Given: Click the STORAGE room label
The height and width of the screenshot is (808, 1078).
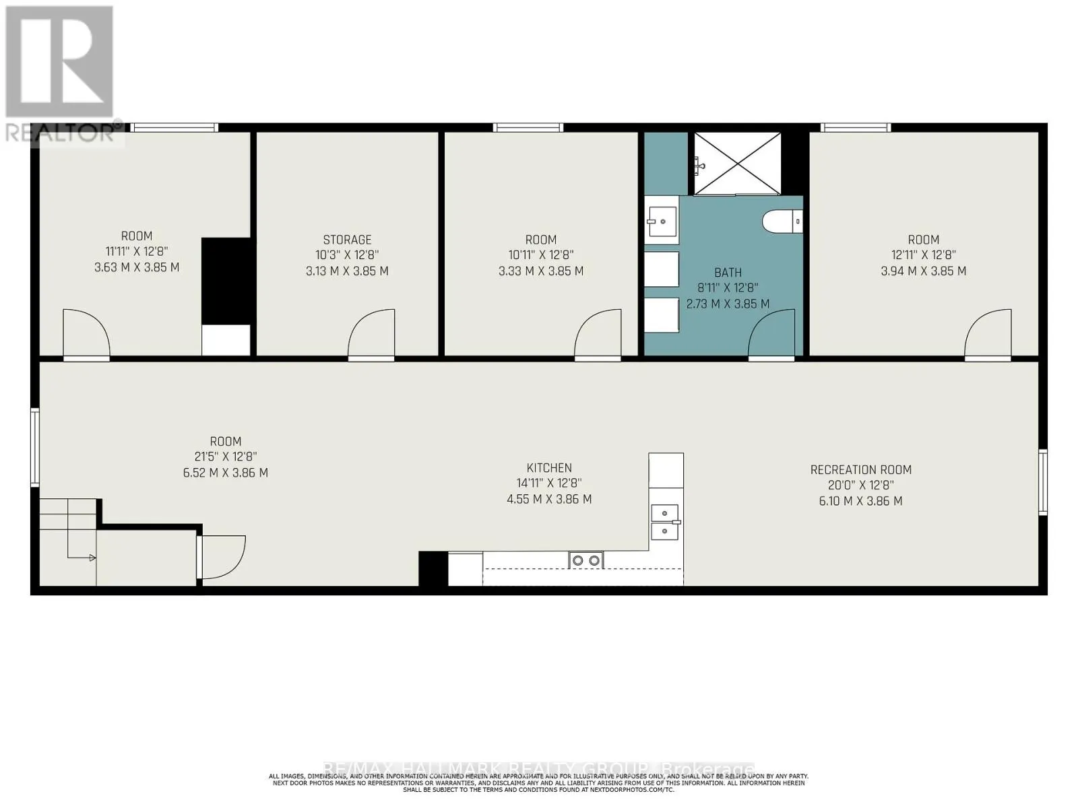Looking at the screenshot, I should (347, 240).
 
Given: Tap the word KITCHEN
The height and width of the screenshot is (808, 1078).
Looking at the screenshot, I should (549, 467).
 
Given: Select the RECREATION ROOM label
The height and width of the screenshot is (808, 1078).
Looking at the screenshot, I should (860, 469).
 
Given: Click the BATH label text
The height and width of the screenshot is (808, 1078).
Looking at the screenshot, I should (728, 273).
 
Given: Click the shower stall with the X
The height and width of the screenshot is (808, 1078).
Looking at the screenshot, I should (738, 164).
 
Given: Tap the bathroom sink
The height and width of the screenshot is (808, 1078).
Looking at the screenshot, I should (662, 220).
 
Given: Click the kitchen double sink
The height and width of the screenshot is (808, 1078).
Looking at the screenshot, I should (666, 523).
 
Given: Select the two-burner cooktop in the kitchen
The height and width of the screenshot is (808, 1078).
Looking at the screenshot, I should (585, 560).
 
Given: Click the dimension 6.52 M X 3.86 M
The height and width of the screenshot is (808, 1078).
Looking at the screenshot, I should (225, 473).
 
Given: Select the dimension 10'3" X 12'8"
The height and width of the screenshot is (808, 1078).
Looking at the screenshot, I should (347, 255).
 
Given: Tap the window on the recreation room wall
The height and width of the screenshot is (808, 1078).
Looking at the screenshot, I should (1042, 481).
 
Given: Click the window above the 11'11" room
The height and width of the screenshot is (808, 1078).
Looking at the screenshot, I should (174, 127).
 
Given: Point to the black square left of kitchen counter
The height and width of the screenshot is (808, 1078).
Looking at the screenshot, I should (433, 568).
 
